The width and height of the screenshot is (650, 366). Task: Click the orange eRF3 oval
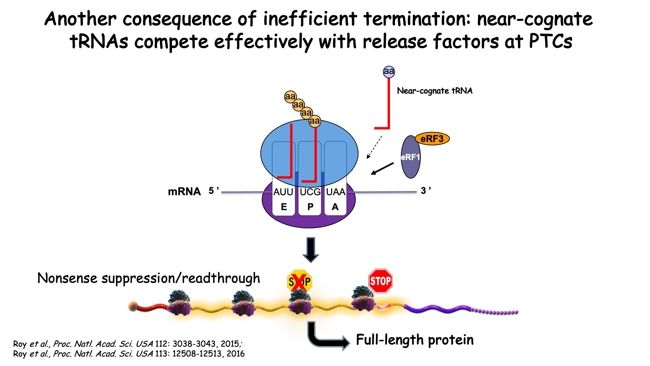point(432,139)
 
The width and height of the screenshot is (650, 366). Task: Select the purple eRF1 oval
point(410,157)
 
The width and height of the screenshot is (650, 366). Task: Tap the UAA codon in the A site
point(335,192)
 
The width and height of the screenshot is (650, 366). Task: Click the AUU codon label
point(283,192)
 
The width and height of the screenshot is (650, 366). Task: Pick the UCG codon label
point(310,192)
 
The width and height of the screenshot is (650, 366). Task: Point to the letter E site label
point(284,207)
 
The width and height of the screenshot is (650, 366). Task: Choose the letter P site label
point(310,207)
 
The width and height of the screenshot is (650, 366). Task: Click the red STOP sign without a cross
point(380,281)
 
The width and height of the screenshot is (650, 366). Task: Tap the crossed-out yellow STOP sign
point(299,281)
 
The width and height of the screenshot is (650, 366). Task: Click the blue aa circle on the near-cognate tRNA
point(389,72)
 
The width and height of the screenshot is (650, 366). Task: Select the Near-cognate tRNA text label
point(435,91)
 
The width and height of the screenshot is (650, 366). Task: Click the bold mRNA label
point(184,191)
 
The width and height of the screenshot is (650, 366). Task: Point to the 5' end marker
point(213,190)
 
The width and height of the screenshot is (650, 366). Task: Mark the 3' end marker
point(425,190)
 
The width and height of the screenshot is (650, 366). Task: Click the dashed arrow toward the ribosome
point(374,147)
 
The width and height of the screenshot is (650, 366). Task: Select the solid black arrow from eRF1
point(383,168)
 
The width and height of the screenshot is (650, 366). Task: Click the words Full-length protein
point(415,340)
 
